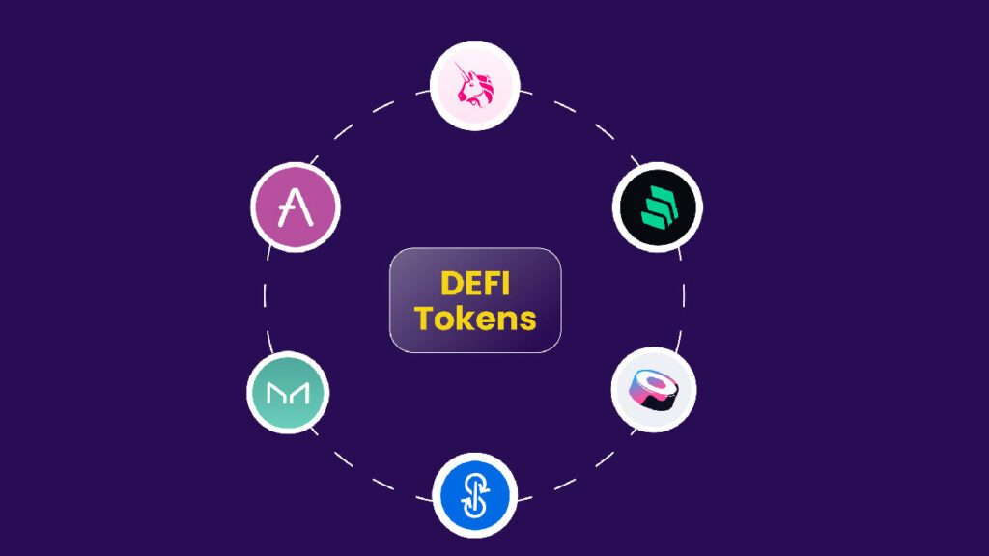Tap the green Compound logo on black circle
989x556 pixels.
(x=658, y=208)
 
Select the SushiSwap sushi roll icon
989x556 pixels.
(x=654, y=390)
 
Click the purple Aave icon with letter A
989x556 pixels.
(x=296, y=208)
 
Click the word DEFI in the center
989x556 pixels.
(x=475, y=283)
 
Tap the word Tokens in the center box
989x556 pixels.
(x=475, y=318)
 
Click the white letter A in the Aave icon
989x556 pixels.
(x=294, y=208)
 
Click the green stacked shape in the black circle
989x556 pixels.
(x=658, y=208)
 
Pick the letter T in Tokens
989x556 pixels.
(x=425, y=318)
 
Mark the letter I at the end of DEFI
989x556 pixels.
(x=507, y=283)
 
